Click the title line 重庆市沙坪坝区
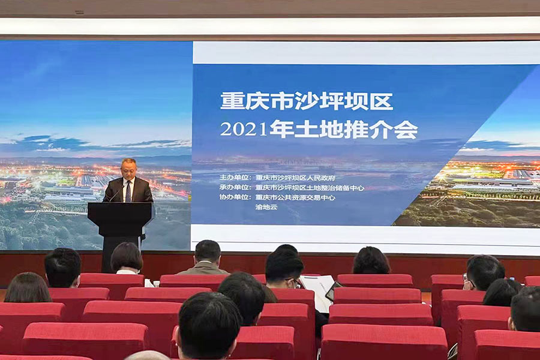click(x=306, y=101)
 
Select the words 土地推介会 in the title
click(x=343, y=130)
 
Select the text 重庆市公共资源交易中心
click(x=295, y=197)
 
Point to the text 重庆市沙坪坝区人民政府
click(x=295, y=178)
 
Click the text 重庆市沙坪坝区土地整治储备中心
click(x=310, y=188)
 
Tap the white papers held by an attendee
click(x=318, y=291)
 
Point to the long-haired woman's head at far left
click(x=27, y=287)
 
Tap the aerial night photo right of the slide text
click(x=474, y=192)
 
